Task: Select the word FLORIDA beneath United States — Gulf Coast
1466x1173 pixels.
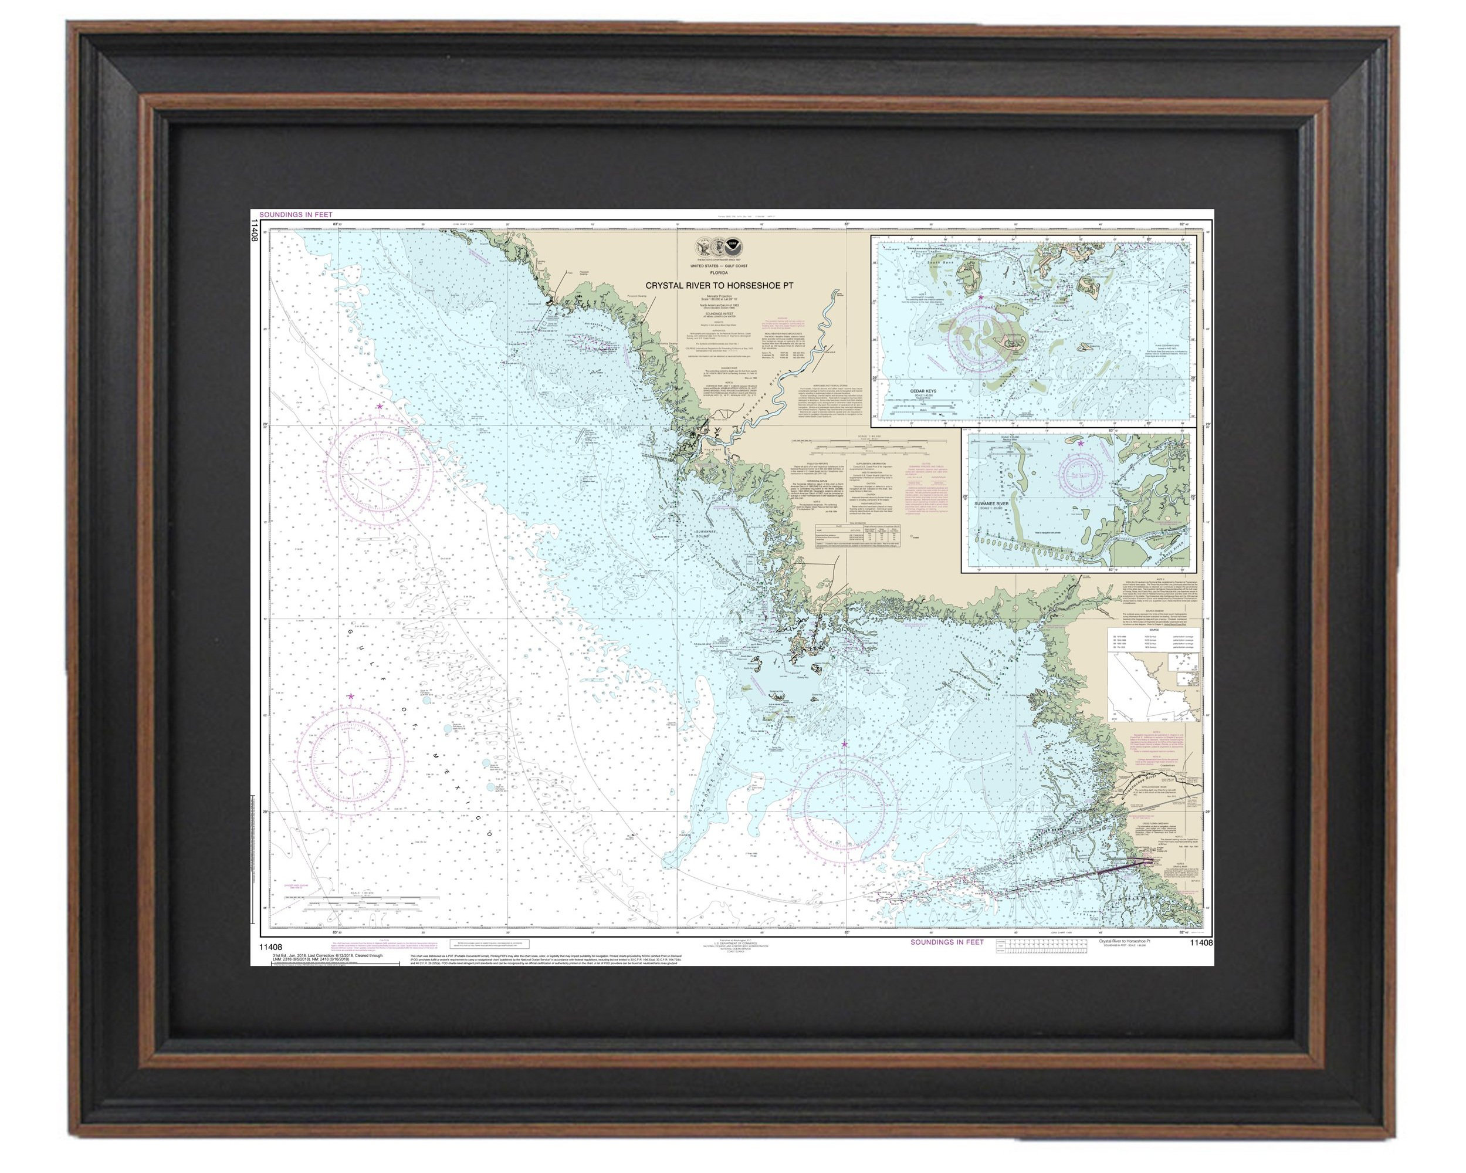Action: (719, 273)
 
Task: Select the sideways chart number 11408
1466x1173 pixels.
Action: (255, 231)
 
